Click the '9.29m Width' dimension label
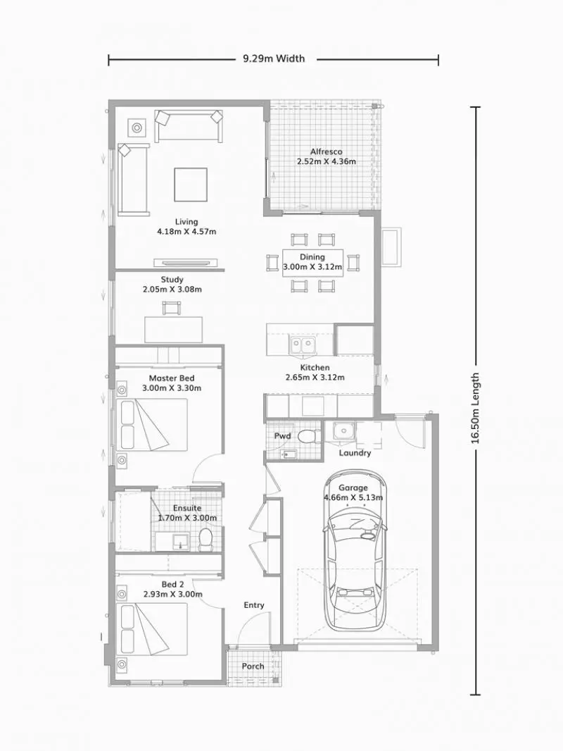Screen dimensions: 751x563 click(274, 59)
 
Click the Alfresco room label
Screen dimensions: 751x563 click(326, 151)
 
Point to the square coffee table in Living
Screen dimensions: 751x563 click(191, 184)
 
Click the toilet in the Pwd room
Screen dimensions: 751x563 click(307, 437)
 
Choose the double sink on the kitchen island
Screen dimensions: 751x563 click(303, 345)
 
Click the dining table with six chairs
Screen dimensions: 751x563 click(312, 263)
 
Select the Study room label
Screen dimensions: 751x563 click(172, 280)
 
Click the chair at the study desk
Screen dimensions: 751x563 click(172, 308)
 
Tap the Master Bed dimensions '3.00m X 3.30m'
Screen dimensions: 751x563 click(172, 388)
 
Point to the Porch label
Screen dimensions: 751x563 click(253, 666)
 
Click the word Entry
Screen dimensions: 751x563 click(254, 605)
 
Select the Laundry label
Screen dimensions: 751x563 click(355, 453)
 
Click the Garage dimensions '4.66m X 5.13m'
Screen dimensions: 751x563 click(353, 497)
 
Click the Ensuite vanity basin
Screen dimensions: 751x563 click(179, 541)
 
